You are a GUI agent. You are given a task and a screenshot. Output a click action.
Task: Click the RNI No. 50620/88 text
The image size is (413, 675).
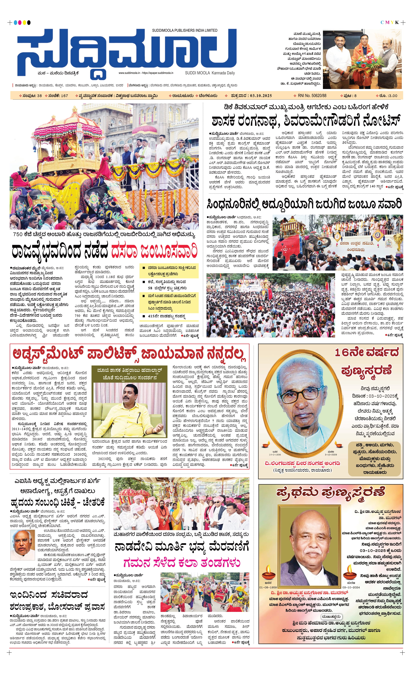(x=312, y=96)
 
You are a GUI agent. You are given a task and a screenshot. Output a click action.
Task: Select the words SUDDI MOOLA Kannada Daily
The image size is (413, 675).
(x=210, y=73)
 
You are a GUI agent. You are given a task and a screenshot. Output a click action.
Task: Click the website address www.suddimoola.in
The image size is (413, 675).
(x=129, y=73)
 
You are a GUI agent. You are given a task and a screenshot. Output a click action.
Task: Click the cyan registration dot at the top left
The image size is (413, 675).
(x=15, y=22)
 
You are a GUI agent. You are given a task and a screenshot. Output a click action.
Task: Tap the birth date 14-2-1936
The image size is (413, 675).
(x=275, y=455)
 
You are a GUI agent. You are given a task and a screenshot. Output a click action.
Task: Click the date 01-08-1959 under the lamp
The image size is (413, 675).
(x=268, y=587)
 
